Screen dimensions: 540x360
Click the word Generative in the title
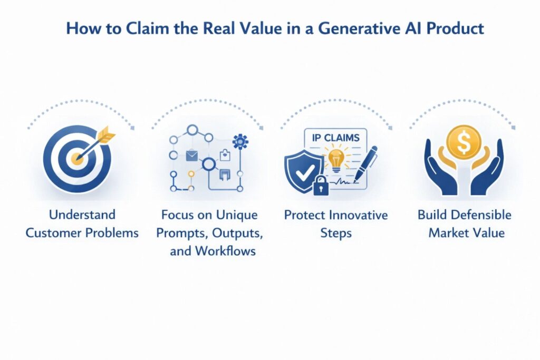(x=359, y=28)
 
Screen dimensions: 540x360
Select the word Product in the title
(x=455, y=28)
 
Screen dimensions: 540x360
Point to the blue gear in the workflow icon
(x=240, y=141)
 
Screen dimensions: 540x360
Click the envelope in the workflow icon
(x=192, y=155)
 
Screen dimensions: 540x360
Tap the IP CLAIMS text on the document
(x=335, y=138)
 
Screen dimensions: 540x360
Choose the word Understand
(x=82, y=215)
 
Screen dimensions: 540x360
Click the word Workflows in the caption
(x=225, y=251)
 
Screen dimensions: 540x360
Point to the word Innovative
(x=358, y=215)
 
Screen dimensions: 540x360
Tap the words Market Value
(x=467, y=233)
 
